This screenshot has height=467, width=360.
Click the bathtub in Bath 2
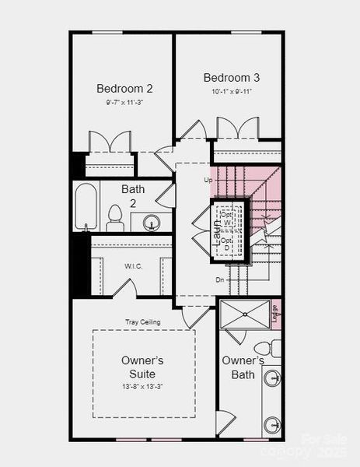[86, 206]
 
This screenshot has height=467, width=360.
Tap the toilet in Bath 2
[115, 217]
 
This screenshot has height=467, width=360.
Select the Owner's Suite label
[142, 367]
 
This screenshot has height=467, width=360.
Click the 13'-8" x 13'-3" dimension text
[142, 386]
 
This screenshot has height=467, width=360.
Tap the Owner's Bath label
[243, 367]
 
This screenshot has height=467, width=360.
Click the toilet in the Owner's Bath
[264, 345]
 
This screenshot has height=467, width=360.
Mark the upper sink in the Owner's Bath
[271, 378]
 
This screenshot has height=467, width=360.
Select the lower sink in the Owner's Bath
[271, 425]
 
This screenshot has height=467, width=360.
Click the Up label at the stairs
[208, 181]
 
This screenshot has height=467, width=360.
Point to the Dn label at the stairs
[220, 278]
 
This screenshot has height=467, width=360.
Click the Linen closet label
[275, 312]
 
